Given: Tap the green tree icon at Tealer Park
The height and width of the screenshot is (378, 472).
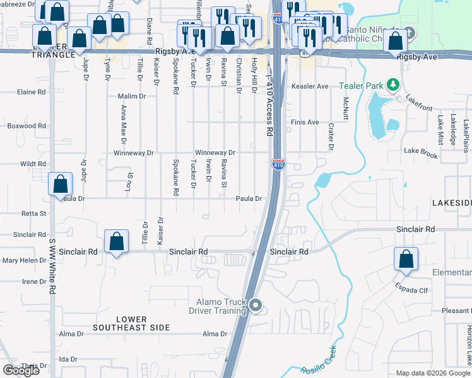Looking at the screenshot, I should pos(392,84).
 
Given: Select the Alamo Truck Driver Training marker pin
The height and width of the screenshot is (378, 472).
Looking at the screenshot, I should pos(255,306).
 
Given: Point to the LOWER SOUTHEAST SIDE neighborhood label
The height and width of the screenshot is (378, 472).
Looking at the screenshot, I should pos(131,323).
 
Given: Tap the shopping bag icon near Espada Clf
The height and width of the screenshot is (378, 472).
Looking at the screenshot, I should pos(406,258).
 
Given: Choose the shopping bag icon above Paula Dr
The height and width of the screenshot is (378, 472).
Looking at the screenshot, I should pos(61,183).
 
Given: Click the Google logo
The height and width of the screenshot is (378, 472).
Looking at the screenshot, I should pos(21,370).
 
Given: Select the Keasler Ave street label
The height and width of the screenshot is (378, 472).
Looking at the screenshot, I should pos(309,86).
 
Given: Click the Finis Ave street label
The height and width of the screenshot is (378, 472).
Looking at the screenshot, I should pos(305,122).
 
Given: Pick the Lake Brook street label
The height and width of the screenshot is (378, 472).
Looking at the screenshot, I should pos(421,152).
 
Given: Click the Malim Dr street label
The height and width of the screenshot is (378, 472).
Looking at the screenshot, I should pos(133,96).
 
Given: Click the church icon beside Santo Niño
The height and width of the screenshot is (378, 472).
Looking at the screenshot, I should pos(409,32).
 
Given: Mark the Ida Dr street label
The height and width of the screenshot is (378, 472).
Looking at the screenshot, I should pos(68,359).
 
